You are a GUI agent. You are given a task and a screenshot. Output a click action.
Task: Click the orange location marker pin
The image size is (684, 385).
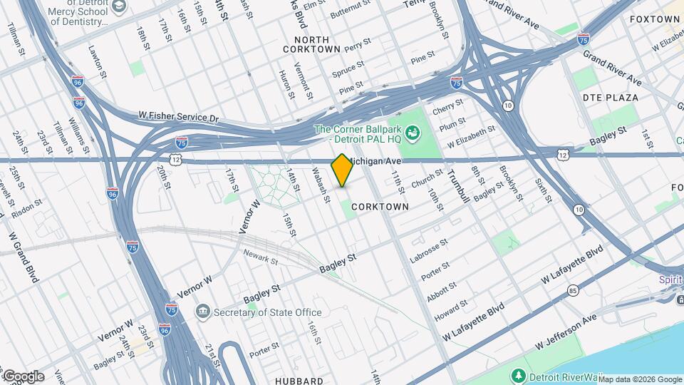pyautogui.click(x=342, y=170)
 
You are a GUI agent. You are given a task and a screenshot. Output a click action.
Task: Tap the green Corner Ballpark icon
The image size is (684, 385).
pyautogui.click(x=411, y=133)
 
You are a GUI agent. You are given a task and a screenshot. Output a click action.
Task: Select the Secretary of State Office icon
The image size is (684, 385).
pyautogui.click(x=203, y=312)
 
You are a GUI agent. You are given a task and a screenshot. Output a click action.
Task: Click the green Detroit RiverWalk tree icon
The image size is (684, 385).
pyautogui.click(x=519, y=376)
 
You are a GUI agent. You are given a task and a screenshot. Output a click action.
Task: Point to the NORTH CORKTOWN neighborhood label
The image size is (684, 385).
pyautogui.click(x=311, y=44)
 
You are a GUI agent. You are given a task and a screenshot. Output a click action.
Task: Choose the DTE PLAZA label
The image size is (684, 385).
pyautogui.click(x=610, y=97)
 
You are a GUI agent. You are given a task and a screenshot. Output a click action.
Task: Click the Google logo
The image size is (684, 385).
pyautogui.click(x=24, y=376)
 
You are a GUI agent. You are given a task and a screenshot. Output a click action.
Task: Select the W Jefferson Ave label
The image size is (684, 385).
pyautogui.click(x=569, y=333)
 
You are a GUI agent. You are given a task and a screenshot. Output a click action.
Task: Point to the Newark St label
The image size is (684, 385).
pyautogui.click(x=259, y=255)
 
